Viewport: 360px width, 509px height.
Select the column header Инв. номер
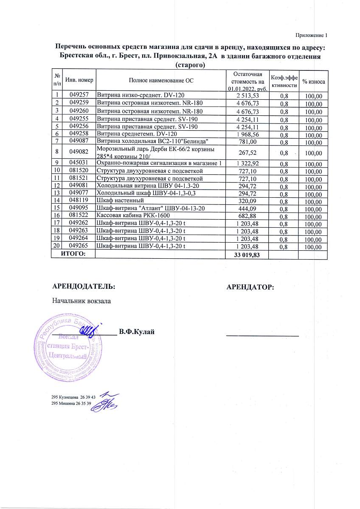tap(79, 80)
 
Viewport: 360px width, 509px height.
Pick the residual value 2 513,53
tap(247, 95)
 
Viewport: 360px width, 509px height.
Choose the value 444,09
tap(247, 208)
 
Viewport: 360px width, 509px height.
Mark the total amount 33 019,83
tap(246, 254)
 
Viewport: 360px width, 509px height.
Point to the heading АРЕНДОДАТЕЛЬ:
tap(83, 286)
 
